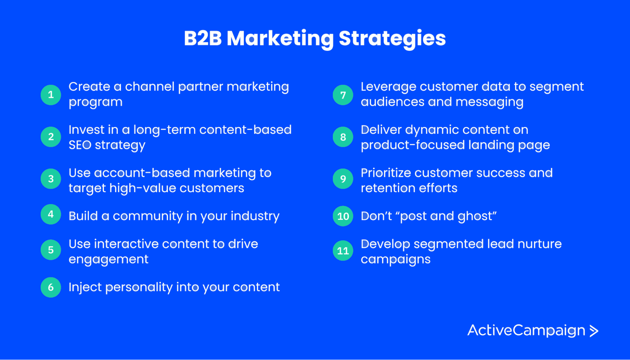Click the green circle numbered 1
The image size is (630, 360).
[51, 95]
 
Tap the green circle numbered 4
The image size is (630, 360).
[51, 214]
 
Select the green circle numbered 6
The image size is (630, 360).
[51, 287]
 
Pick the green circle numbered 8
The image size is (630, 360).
[343, 137]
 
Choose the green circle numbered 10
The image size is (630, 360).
[343, 216]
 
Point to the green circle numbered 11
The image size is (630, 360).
[343, 250]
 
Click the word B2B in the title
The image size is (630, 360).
[203, 38]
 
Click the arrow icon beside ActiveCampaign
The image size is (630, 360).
[594, 331]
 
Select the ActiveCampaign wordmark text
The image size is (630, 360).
[526, 330]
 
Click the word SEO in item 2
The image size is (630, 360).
[80, 145]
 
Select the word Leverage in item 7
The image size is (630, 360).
[388, 87]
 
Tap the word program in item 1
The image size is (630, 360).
[95, 102]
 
